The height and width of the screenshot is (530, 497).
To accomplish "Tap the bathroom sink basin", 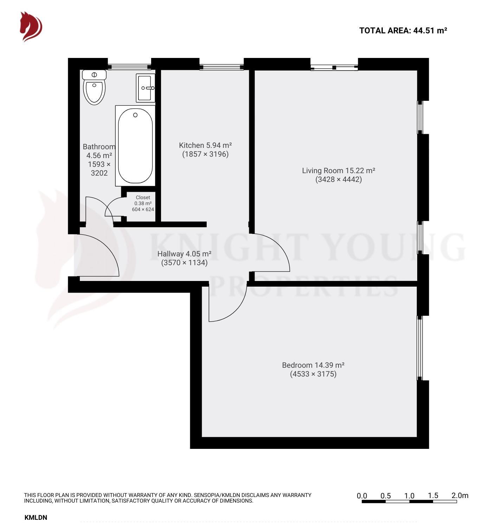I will (146, 88).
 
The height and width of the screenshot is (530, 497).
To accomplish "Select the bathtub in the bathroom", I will (135, 146).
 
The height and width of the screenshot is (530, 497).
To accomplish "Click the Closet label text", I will (143, 197).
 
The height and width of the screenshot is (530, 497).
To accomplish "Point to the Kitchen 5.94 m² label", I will (205, 145).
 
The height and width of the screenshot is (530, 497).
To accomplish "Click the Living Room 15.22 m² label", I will (338, 171).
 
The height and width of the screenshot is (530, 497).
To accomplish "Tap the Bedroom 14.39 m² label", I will (313, 365).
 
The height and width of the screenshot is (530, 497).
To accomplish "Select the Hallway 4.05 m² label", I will (184, 254).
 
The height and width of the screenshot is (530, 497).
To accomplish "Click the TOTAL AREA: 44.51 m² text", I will (403, 31).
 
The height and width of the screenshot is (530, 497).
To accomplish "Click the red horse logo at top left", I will (31, 27).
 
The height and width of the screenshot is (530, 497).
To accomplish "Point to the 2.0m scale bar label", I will (460, 496).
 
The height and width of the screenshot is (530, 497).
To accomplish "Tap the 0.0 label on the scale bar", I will (362, 496).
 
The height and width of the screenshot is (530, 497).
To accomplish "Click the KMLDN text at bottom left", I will (35, 517).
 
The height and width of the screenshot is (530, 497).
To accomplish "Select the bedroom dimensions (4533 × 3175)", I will (313, 374).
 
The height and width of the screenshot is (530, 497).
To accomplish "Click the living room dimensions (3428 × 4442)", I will (338, 179).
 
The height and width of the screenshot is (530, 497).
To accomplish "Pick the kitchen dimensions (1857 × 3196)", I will (205, 154).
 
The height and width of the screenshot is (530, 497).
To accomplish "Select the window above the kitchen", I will (221, 67).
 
